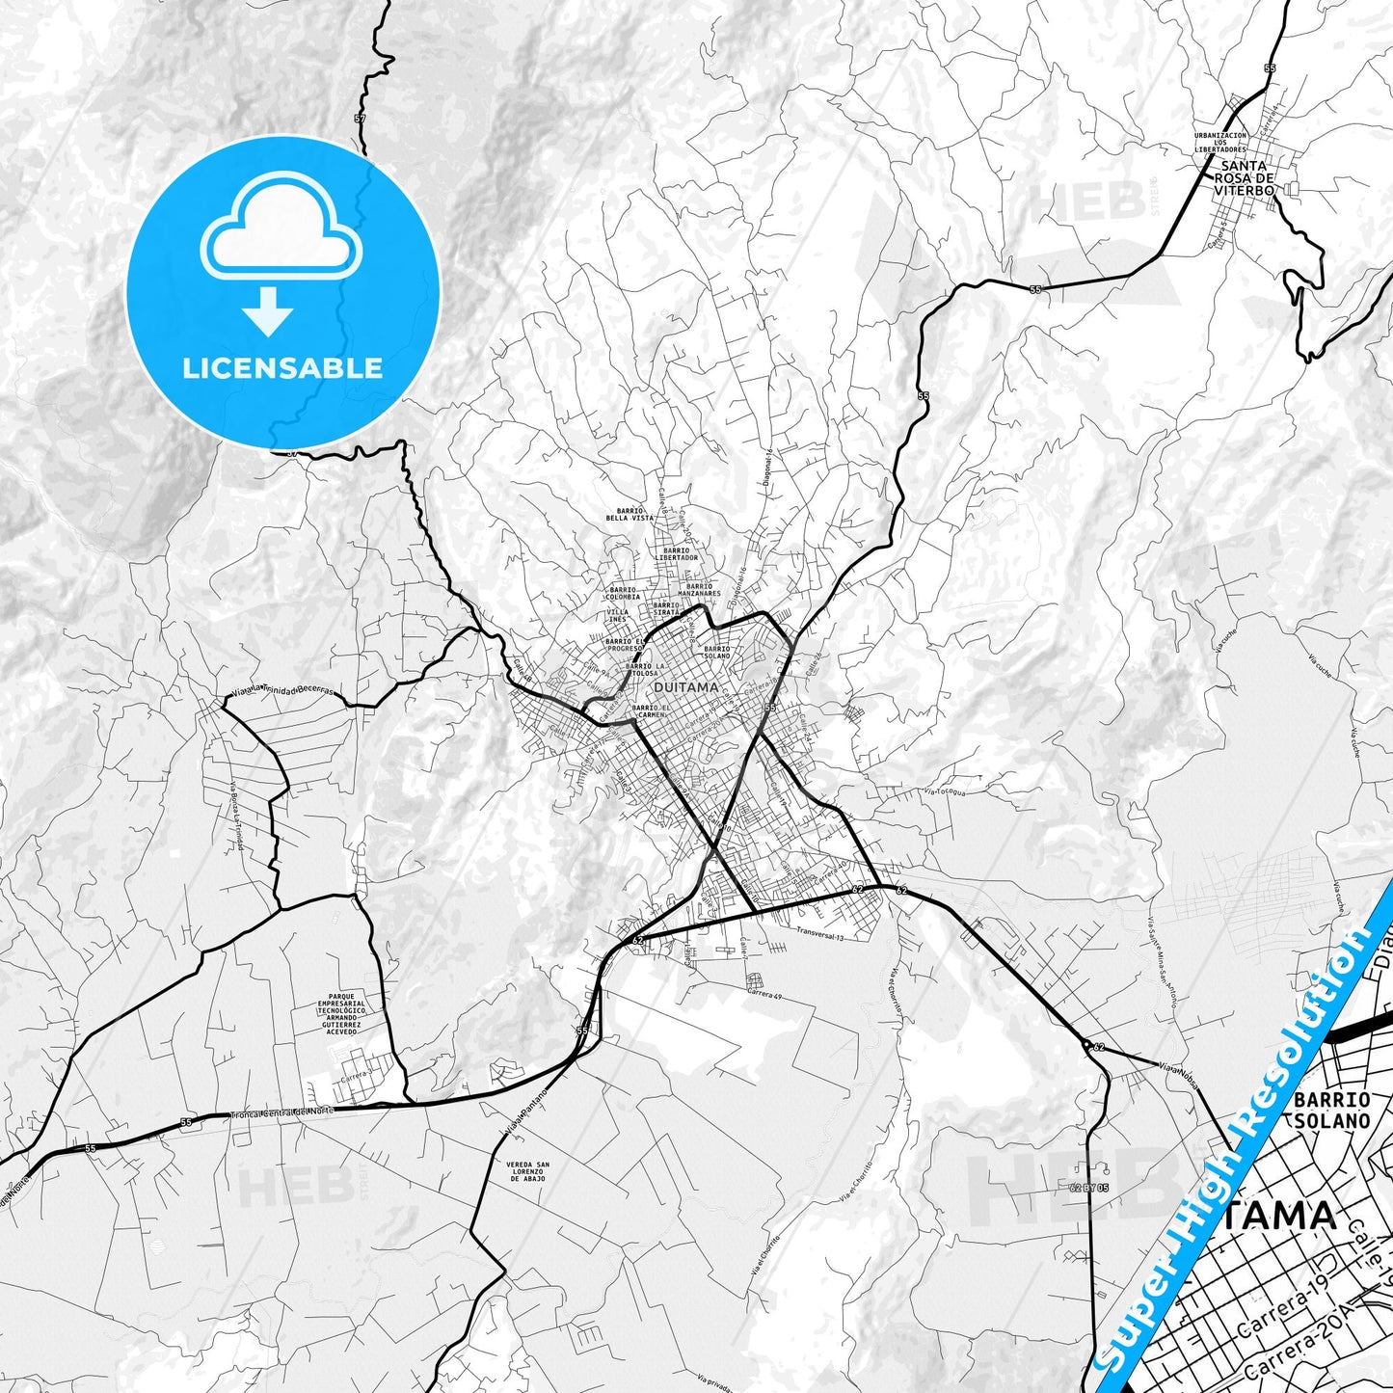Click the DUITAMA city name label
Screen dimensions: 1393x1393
(685, 687)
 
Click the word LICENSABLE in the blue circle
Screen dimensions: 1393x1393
(282, 367)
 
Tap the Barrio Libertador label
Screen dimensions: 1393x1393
(676, 554)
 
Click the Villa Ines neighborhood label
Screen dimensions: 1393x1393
(618, 615)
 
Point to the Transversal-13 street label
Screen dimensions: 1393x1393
(820, 933)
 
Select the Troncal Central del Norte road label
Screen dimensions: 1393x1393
(281, 1112)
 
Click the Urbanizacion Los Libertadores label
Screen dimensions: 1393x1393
(1219, 142)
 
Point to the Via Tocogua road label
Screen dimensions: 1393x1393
(945, 792)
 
